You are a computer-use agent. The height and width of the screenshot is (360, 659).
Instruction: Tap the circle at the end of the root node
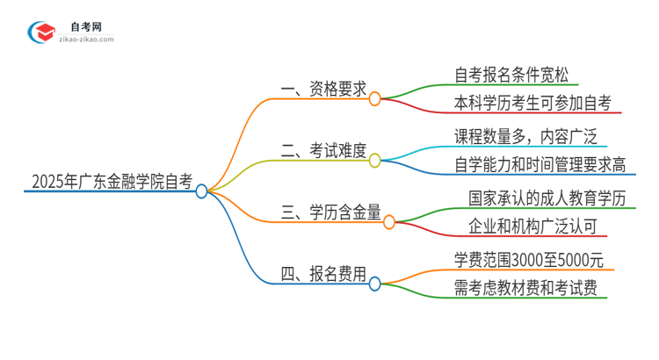(x=201, y=191)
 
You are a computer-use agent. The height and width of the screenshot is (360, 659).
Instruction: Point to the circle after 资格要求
(x=374, y=98)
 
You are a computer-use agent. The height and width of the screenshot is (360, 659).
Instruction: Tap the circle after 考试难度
(x=374, y=161)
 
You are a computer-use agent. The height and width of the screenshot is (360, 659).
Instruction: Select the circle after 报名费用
(x=374, y=284)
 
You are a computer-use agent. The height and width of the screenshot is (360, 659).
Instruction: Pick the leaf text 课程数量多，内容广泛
(x=513, y=136)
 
